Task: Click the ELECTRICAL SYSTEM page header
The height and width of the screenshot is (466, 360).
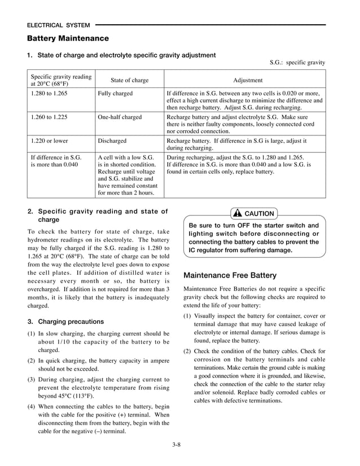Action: tap(59, 25)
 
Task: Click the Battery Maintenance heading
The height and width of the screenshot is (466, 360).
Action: tap(68, 38)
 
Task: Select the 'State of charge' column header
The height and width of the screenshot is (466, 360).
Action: tap(129, 80)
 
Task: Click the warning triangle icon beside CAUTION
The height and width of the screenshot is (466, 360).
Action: tap(238, 214)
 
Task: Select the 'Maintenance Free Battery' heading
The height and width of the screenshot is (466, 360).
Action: tap(230, 275)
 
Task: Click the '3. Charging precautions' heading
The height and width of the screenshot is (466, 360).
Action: tap(65, 322)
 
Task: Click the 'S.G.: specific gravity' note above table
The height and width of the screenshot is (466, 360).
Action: tap(297, 63)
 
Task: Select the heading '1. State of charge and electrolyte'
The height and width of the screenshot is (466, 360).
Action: tap(121, 55)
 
